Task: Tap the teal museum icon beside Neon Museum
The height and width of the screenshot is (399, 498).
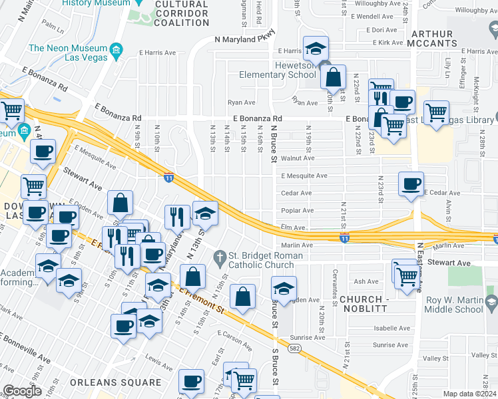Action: (x=117, y=50)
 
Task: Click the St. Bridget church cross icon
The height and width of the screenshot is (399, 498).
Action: (x=220, y=256)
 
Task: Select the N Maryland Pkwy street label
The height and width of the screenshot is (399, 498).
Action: (x=244, y=40)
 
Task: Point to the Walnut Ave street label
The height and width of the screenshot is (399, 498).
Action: (x=298, y=159)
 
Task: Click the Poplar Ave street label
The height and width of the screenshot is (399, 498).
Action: (x=298, y=211)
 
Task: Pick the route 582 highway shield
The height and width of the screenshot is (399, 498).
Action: (x=293, y=347)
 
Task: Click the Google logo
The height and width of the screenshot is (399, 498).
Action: (x=22, y=391)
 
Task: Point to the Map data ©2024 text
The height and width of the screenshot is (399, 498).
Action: (x=469, y=394)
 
